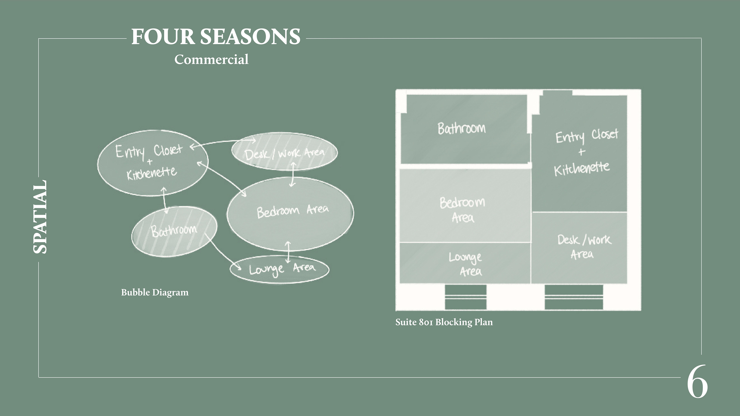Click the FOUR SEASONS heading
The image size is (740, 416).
215,37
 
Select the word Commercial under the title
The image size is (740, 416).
211,60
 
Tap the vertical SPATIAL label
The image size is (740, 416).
40,217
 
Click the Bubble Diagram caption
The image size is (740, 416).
155,293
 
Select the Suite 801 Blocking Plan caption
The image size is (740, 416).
444,322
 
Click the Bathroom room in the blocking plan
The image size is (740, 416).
462,129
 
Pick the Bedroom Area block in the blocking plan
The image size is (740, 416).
464,205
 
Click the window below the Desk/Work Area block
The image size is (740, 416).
574,297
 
